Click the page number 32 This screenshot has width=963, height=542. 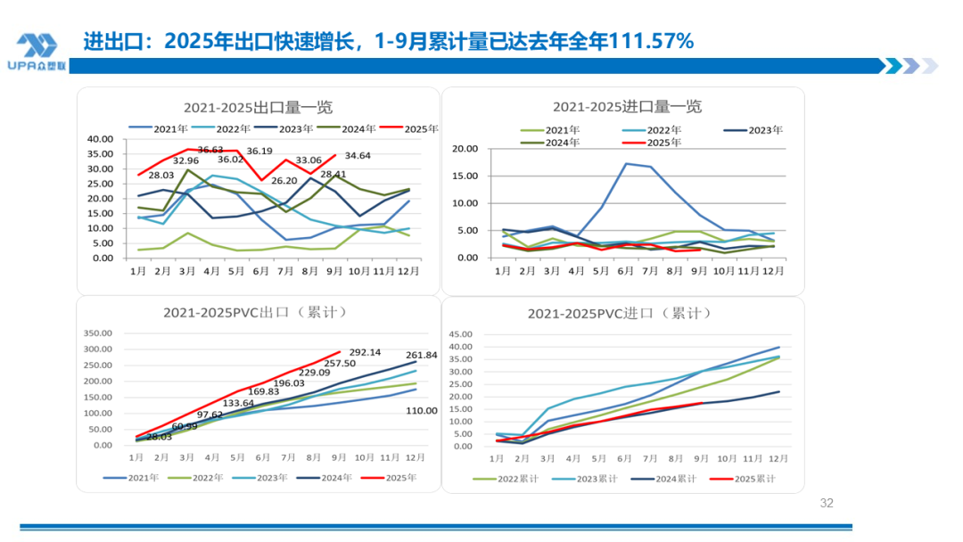(826, 504)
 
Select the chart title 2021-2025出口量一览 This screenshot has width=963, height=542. (258, 107)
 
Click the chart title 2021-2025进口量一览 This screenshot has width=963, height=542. (627, 107)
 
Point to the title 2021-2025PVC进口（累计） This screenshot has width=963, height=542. (619, 314)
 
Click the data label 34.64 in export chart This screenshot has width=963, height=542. (358, 156)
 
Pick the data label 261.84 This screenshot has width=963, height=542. (422, 355)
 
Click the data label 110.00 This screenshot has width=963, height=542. (422, 411)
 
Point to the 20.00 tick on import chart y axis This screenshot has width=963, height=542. (467, 149)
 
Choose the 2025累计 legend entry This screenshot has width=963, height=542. (743, 479)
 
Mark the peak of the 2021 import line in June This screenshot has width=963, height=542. (627, 163)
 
